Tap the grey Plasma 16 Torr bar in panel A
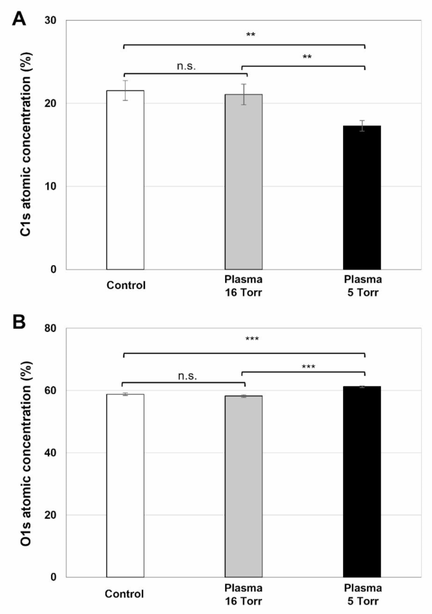pos(243,182)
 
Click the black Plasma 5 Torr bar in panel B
pos(362,482)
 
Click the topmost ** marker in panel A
pos(250,35)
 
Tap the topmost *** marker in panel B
pos(250,340)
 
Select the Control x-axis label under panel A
pos(126,285)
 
